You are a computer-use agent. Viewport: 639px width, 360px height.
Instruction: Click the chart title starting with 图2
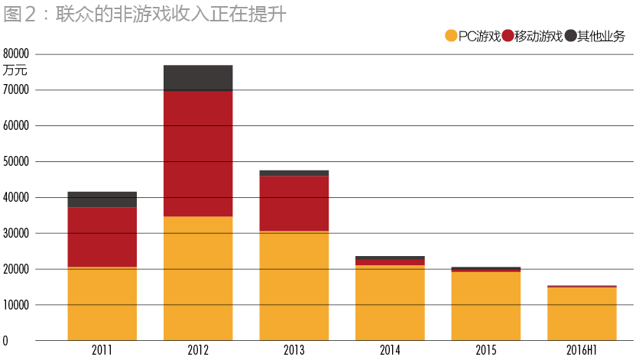point(144,15)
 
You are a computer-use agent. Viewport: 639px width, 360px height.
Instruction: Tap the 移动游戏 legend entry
point(533,36)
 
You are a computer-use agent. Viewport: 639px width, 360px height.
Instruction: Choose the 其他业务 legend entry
point(595,36)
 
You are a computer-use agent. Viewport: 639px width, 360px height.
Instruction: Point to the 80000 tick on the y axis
point(16,54)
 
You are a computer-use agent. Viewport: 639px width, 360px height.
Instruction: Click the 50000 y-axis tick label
point(16,162)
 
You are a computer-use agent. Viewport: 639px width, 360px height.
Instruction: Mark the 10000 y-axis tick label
point(16,305)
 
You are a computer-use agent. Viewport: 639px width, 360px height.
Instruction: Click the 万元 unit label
point(15,70)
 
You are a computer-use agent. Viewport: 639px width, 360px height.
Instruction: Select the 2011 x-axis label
point(102,350)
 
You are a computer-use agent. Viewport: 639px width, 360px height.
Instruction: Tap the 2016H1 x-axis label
point(582,350)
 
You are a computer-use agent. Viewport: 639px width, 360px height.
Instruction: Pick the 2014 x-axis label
point(390,350)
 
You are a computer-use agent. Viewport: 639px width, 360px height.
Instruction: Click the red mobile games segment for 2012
point(198,154)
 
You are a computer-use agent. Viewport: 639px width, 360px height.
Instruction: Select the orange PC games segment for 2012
point(198,278)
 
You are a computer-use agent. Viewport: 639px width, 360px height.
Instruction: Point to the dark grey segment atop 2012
point(198,78)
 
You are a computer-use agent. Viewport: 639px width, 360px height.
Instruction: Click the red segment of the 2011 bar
point(102,237)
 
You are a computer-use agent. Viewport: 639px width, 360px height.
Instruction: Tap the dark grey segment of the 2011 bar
point(102,199)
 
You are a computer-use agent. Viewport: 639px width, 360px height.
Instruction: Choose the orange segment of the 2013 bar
point(294,286)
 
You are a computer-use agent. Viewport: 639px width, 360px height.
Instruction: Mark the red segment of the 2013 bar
point(294,203)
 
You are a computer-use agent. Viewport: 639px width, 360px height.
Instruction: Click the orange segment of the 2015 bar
point(485,306)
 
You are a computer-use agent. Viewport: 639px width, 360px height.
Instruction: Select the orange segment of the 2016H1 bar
point(582,313)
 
